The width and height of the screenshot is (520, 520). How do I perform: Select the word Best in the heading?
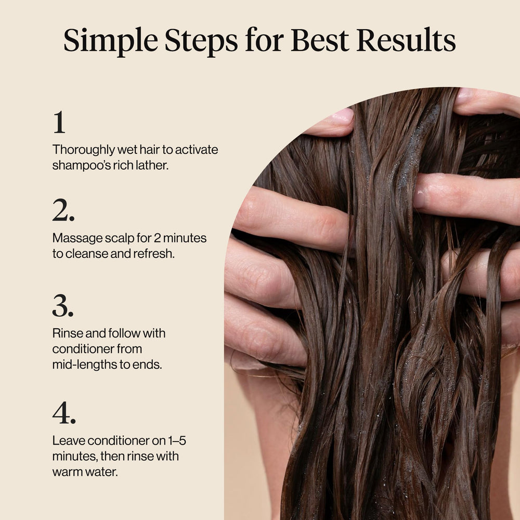click(320, 40)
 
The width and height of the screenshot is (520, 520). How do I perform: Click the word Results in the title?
click(406, 40)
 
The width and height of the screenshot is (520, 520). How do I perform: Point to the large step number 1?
click(59, 122)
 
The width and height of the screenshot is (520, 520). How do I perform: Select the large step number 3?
click(63, 305)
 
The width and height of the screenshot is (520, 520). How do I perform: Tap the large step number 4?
click(64, 412)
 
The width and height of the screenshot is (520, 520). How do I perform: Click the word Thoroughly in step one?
click(83, 150)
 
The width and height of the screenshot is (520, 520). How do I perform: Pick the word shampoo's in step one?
click(82, 165)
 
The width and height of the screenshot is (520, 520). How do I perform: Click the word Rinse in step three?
click(68, 333)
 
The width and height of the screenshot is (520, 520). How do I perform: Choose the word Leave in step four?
click(68, 441)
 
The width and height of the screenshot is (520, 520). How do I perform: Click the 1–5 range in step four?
click(177, 441)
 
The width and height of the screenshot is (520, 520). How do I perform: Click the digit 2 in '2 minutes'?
click(157, 238)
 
